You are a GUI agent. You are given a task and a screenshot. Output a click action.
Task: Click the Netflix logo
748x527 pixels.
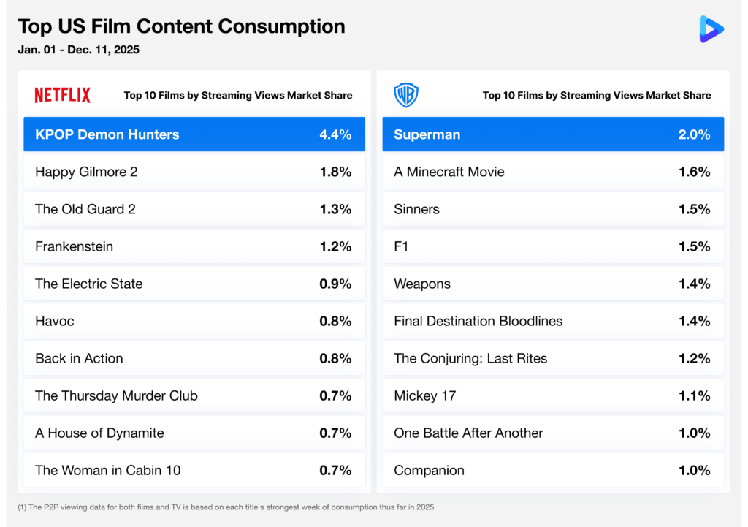coord(63,95)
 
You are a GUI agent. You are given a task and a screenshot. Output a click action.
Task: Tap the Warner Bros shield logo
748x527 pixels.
coord(405,95)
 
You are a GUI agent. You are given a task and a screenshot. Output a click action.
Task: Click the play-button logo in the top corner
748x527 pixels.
coord(711,29)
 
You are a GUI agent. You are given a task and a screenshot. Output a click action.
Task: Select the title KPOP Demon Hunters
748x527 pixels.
coord(107,134)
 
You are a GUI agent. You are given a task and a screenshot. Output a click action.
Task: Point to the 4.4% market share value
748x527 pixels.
coord(335,134)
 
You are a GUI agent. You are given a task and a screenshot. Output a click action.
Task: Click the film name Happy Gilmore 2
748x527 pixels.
coord(86,172)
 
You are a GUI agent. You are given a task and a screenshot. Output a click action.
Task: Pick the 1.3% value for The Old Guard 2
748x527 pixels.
coord(335,209)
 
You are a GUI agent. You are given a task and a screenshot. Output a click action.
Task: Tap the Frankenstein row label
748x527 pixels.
coord(74,246)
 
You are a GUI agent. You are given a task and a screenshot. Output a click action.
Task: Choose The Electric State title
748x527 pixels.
coord(88,284)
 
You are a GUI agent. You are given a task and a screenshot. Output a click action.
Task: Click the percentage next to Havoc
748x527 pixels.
coord(335,321)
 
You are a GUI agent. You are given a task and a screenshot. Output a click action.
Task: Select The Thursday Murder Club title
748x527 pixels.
coord(116,395)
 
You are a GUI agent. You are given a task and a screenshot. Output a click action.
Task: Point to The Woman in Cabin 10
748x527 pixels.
coord(107,470)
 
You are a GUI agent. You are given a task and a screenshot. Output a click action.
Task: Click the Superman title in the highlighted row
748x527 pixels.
coord(427,134)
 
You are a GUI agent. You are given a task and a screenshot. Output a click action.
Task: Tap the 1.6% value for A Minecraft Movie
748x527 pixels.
coord(694,172)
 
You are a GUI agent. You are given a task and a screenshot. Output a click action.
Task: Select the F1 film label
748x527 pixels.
coord(401,246)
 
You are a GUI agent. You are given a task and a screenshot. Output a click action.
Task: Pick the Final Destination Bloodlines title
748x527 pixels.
coord(478,321)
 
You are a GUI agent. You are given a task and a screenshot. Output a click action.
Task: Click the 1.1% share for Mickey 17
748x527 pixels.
coord(694,395)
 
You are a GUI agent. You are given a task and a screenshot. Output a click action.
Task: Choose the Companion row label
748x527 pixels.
coord(429,470)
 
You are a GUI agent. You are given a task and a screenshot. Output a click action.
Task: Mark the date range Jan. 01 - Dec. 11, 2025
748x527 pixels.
coord(78,50)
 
